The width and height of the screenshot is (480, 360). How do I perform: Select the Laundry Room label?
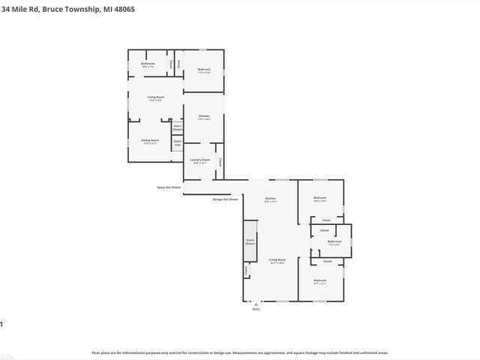point(199,160)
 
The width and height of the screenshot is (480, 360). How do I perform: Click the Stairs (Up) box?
point(178,142)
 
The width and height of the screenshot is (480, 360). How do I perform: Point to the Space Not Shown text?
point(169,187)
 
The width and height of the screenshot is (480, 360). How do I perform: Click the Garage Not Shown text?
point(225,199)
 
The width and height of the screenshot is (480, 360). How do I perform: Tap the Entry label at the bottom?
point(256,308)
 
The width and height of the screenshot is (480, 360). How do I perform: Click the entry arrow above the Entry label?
point(256,303)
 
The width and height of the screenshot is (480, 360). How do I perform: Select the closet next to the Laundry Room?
point(220,162)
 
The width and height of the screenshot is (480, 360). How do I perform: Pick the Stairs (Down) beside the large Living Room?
point(250,241)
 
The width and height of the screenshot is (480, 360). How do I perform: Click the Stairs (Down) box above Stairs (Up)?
point(178,128)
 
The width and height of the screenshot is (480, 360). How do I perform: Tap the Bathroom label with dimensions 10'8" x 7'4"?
point(148,64)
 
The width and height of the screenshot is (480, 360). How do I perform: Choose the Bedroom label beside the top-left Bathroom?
point(204,70)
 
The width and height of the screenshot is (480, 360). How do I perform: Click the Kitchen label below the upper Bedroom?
point(203,116)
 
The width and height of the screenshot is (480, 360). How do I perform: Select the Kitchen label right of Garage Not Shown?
point(271,199)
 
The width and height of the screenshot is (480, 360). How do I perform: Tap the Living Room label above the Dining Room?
point(155,98)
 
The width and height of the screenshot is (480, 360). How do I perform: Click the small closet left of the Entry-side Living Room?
point(244,270)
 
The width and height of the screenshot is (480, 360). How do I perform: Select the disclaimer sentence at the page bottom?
point(240,352)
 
